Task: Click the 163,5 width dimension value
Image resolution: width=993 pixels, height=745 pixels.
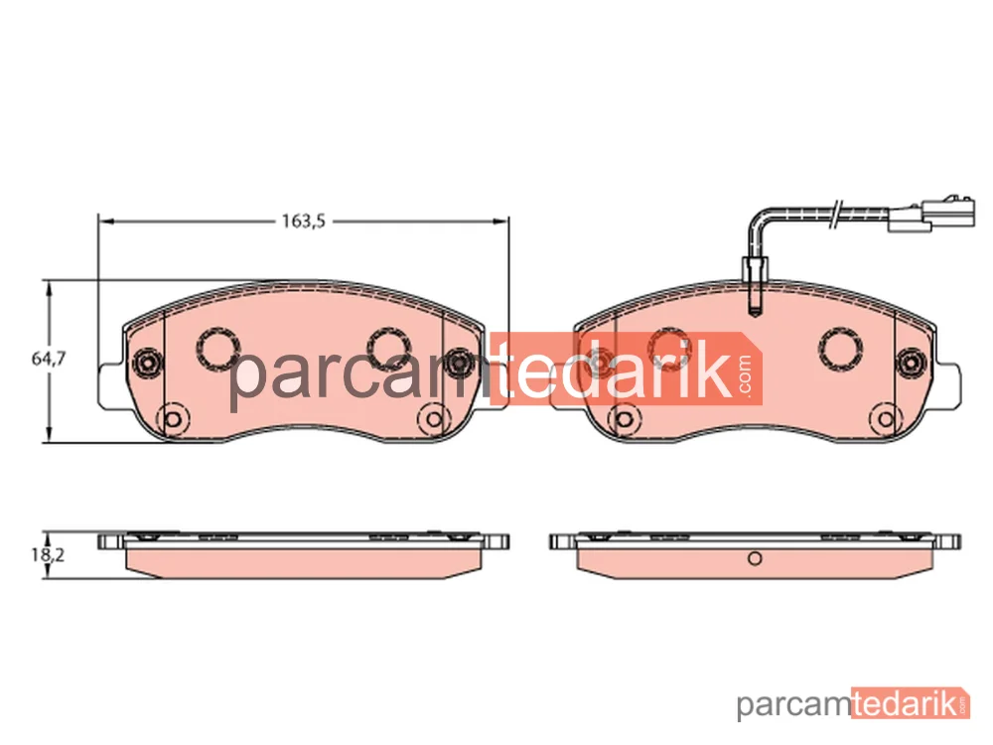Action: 303,222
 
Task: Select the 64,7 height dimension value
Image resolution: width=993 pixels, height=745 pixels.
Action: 49,359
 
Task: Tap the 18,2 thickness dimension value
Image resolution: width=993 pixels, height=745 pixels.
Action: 48,555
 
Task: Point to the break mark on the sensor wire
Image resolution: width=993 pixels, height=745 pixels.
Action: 836,215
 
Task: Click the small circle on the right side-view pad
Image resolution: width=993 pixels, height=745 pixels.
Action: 755,558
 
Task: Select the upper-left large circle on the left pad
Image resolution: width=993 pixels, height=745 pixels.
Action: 218,348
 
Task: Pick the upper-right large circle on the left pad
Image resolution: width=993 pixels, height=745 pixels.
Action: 389,348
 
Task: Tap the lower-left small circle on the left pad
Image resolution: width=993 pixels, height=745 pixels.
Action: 172,419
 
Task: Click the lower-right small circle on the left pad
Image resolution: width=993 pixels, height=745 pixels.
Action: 434,419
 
